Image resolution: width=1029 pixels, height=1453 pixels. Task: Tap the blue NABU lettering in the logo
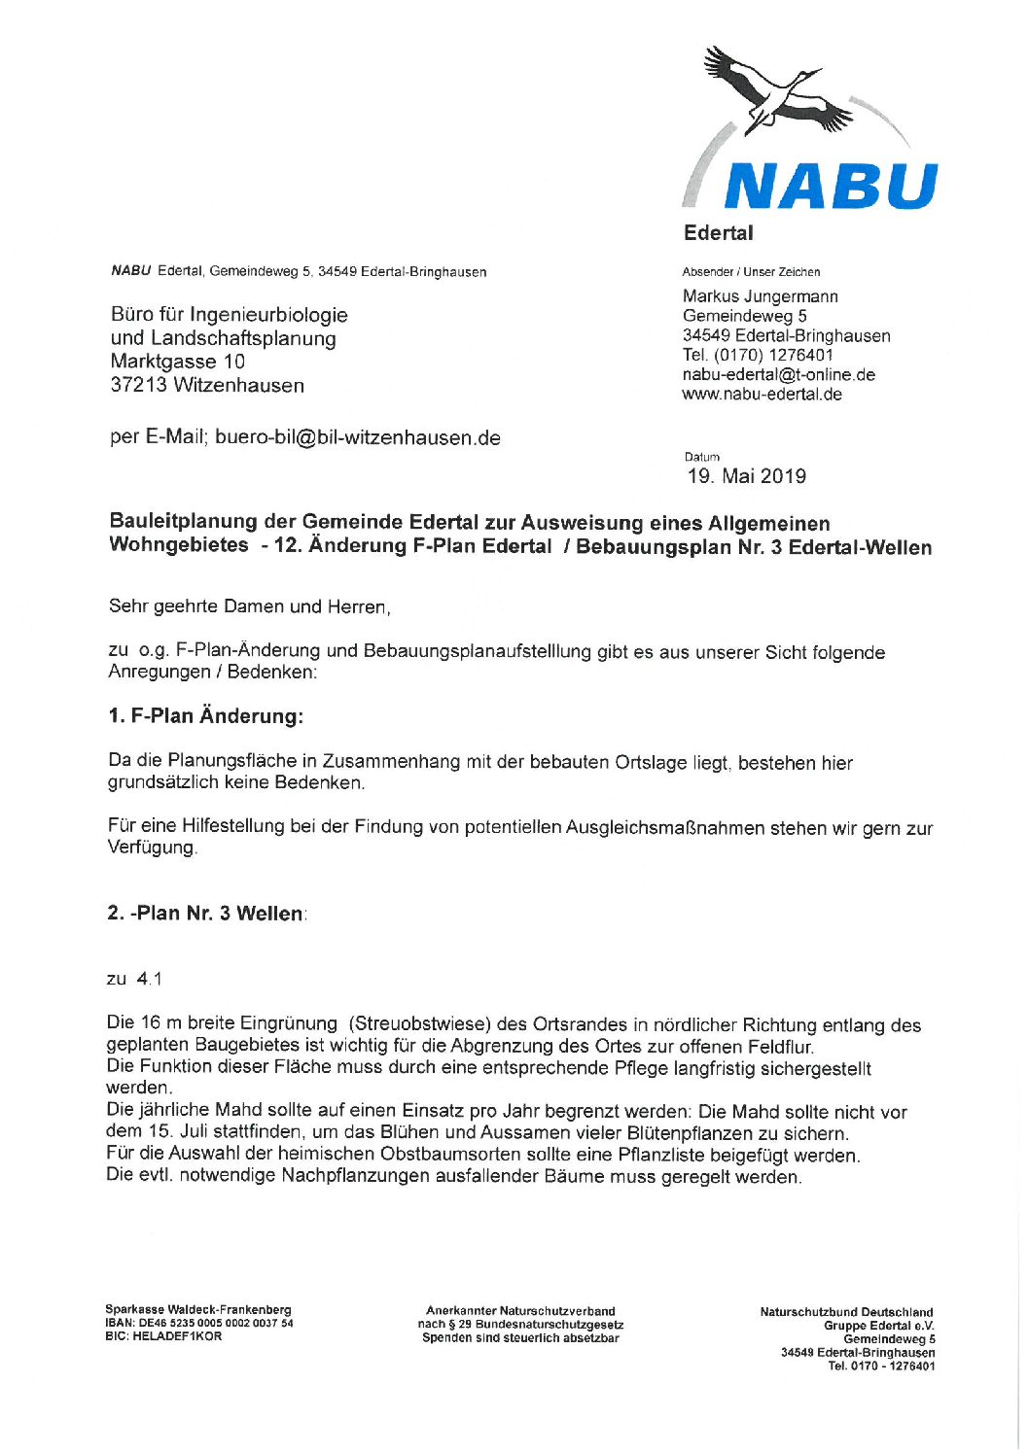(x=830, y=186)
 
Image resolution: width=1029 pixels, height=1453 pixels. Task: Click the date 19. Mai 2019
(x=747, y=476)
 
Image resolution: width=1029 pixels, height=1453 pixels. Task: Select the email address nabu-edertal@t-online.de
(x=778, y=375)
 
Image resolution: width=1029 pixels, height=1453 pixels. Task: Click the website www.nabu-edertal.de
(x=762, y=395)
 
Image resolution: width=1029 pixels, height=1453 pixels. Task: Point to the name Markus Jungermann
(x=760, y=296)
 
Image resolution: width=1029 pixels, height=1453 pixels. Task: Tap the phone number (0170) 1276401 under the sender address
(x=758, y=356)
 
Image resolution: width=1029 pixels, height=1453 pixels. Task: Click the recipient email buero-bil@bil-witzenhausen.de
(x=357, y=437)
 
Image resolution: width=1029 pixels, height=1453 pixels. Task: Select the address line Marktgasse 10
(x=178, y=362)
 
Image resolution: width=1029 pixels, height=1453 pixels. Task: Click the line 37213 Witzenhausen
(x=207, y=385)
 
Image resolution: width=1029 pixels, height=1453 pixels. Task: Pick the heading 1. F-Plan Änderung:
(x=205, y=716)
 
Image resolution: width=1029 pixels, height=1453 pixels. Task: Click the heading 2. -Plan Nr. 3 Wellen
(x=205, y=914)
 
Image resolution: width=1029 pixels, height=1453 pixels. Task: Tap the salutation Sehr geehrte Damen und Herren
(x=249, y=606)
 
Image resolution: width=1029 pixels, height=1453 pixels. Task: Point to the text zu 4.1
(x=134, y=979)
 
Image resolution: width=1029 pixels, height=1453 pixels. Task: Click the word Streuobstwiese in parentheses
(x=420, y=1023)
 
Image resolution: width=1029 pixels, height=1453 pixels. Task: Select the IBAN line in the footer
(x=198, y=1323)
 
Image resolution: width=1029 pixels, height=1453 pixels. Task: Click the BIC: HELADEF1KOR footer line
(x=163, y=1336)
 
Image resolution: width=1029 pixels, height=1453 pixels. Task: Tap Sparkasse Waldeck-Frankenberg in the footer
(x=198, y=1309)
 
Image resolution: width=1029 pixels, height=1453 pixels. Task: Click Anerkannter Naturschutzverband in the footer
(x=520, y=1311)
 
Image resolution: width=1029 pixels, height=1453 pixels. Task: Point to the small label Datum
(x=702, y=457)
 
